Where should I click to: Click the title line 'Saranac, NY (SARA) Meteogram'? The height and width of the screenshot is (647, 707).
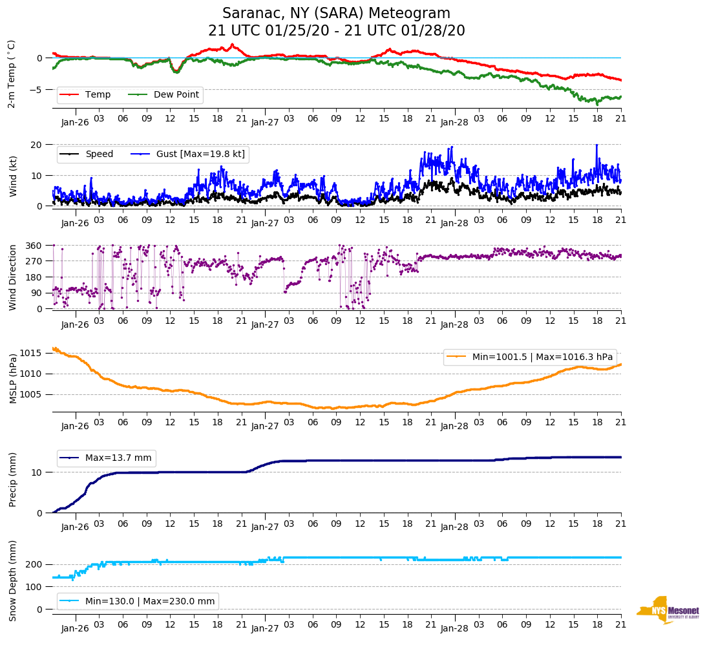point(336,14)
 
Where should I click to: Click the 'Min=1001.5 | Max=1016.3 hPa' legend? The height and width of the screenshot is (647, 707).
point(529,357)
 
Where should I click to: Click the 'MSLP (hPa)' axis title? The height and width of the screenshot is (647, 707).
point(14,379)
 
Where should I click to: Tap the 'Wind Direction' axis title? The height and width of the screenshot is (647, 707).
point(14,277)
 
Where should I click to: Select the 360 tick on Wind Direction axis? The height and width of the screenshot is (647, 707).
point(34,246)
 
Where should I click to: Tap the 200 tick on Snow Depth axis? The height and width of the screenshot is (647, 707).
point(34,565)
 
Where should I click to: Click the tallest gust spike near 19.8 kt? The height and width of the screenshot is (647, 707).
point(596,145)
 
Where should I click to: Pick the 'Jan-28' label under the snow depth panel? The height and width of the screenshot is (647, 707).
point(454,628)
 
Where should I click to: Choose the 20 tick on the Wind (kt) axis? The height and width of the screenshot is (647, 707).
point(37,144)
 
